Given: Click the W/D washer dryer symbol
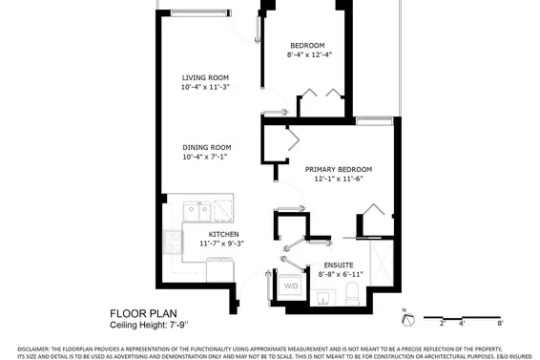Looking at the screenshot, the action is pyautogui.click(x=291, y=285).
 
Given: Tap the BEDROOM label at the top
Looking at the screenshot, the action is pyautogui.click(x=307, y=46).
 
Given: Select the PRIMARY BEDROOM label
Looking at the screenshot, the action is pyautogui.click(x=338, y=170).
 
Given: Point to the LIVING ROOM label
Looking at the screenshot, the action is pyautogui.click(x=205, y=78).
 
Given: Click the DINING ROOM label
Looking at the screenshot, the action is pyautogui.click(x=207, y=148).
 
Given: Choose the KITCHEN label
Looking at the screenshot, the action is pyautogui.click(x=223, y=235).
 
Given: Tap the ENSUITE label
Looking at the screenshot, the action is pyautogui.click(x=339, y=265).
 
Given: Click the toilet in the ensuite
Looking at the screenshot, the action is pyautogui.click(x=352, y=294).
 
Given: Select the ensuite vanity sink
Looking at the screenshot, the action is pyautogui.click(x=323, y=298).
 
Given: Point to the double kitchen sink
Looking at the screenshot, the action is pyautogui.click(x=197, y=212).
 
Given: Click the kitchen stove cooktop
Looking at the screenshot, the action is pyautogui.click(x=173, y=243).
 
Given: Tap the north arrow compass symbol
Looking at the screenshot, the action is pyautogui.click(x=407, y=319).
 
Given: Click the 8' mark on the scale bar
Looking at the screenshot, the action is pyautogui.click(x=500, y=324).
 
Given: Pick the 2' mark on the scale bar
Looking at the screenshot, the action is pyautogui.click(x=443, y=324).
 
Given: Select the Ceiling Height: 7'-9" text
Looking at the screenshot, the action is pyautogui.click(x=149, y=325).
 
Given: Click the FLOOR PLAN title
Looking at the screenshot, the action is pyautogui.click(x=143, y=314).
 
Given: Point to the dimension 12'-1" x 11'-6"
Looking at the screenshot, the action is pyautogui.click(x=339, y=179).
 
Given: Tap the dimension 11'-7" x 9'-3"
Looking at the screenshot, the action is pyautogui.click(x=221, y=244).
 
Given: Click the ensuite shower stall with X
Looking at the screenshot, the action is pyautogui.click(x=382, y=263).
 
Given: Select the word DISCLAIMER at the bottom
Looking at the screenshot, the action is pyautogui.click(x=33, y=349).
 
